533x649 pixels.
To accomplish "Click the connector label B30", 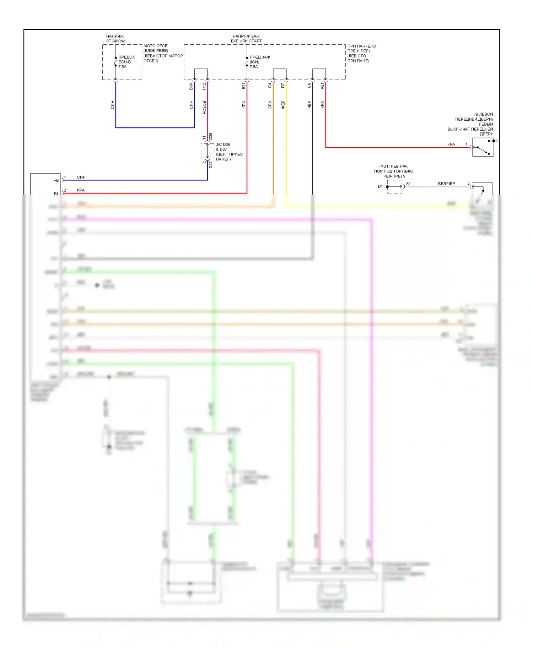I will [x=191, y=86].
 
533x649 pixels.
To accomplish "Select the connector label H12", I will [x=204, y=86].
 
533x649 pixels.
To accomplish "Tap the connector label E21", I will [x=244, y=86].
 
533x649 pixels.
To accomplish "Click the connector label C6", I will [x=309, y=86].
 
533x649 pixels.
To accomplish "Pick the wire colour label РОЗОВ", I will [x=204, y=107].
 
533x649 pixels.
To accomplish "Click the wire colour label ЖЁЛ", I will [x=283, y=105].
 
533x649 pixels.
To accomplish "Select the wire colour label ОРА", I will [x=270, y=105].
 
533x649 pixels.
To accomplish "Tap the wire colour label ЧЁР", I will [x=309, y=104].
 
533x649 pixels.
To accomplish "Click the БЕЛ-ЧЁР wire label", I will [x=446, y=184].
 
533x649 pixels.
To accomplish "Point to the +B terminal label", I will [x=56, y=180].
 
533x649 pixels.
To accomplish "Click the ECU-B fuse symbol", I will [x=116, y=62].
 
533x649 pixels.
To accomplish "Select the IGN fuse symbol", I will [x=247, y=62].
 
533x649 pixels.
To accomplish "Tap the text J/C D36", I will [x=223, y=144].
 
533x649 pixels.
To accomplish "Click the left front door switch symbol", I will [x=483, y=147].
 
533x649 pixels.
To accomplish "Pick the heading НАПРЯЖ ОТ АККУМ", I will [x=115, y=38].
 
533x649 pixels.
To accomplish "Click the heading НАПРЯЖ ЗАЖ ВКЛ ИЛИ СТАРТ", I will [x=246, y=38].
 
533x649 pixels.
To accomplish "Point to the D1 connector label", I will [x=380, y=186].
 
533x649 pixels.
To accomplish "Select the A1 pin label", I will [x=408, y=183].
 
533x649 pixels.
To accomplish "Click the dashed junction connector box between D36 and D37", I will [x=208, y=151].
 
